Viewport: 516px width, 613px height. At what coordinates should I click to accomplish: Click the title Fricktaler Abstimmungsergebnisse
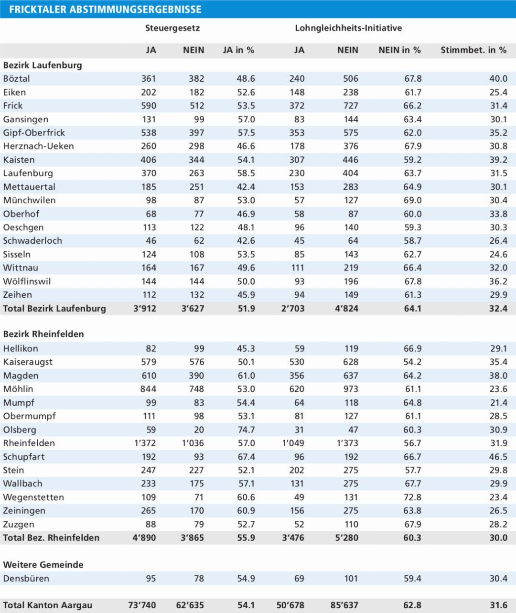pyautogui.click(x=105, y=10)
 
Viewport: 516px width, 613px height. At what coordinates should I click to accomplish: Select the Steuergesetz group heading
pyautogui.click(x=172, y=28)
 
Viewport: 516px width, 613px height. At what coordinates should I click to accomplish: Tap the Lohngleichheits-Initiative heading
pyautogui.click(x=348, y=28)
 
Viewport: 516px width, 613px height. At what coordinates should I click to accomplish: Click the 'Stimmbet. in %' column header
pyautogui.click(x=473, y=50)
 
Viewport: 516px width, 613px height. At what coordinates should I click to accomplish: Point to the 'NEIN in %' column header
pyautogui.click(x=399, y=50)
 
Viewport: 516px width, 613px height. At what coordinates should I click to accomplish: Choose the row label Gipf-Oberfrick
pyautogui.click(x=34, y=133)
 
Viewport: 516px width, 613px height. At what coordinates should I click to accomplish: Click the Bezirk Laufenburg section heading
pyautogui.click(x=43, y=65)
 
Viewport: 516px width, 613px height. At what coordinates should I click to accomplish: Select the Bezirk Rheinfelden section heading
pyautogui.click(x=43, y=334)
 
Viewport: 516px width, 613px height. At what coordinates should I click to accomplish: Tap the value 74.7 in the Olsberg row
pyautogui.click(x=246, y=430)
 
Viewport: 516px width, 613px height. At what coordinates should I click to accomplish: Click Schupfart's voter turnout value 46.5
pyautogui.click(x=498, y=457)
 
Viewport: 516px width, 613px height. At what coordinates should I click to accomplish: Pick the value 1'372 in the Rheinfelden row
pyautogui.click(x=145, y=443)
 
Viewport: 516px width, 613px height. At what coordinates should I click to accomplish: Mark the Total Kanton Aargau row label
pyautogui.click(x=48, y=605)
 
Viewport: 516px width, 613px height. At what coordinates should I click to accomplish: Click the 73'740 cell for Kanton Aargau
pyautogui.click(x=142, y=605)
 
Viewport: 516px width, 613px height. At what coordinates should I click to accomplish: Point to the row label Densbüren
pyautogui.click(x=26, y=579)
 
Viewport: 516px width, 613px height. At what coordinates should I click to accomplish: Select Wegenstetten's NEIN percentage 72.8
pyautogui.click(x=412, y=497)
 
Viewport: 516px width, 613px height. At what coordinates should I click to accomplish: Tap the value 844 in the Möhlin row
pyautogui.click(x=148, y=389)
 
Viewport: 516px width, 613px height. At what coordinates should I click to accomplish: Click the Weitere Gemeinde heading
pyautogui.click(x=43, y=565)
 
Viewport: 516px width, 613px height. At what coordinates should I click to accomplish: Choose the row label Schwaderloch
pyautogui.click(x=32, y=241)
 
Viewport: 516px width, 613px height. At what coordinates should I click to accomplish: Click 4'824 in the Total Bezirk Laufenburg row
pyautogui.click(x=346, y=309)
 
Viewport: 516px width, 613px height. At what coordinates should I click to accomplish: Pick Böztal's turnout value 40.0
pyautogui.click(x=498, y=79)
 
